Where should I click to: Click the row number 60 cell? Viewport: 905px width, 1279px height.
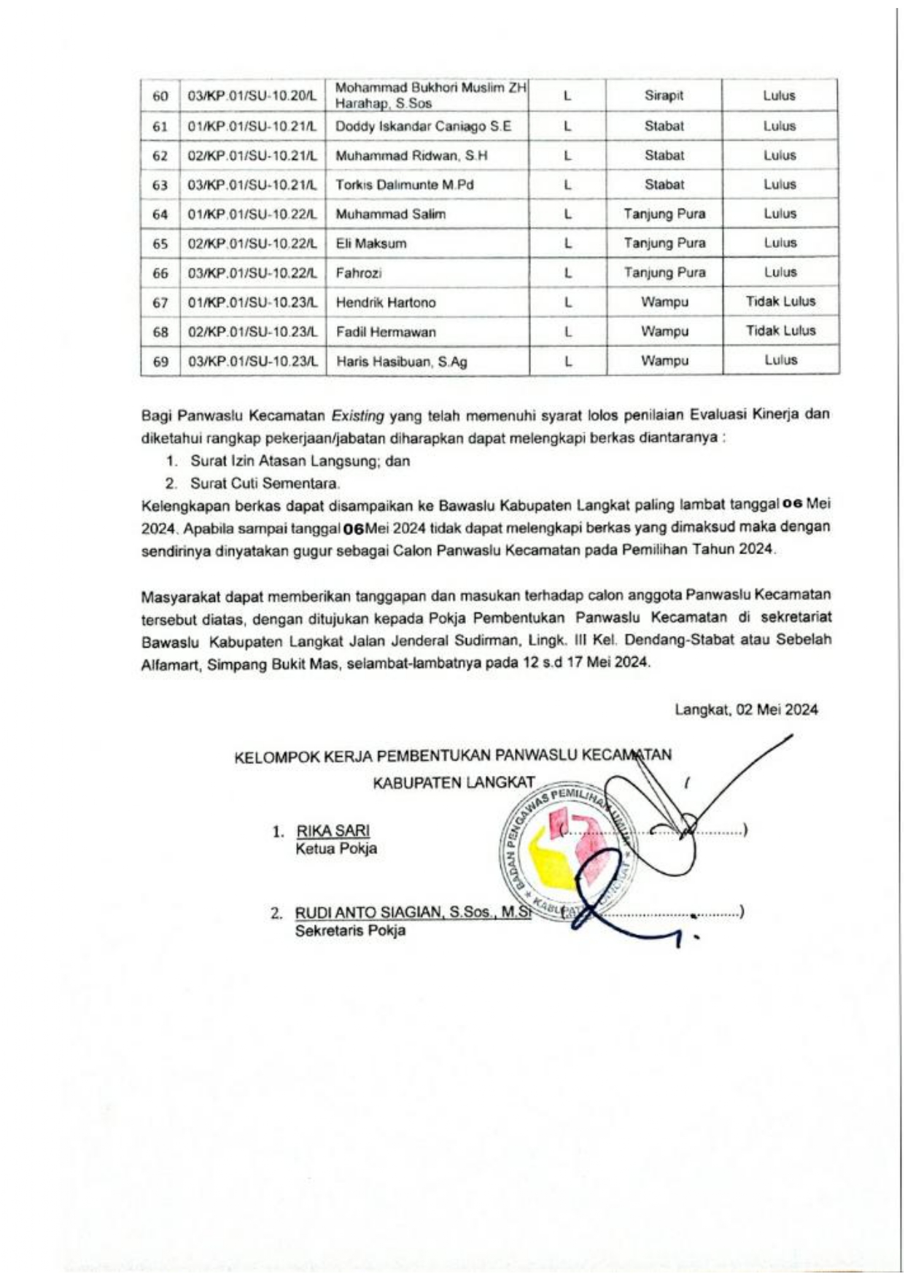pyautogui.click(x=160, y=96)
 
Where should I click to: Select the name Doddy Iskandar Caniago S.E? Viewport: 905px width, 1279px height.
pyautogui.click(x=423, y=126)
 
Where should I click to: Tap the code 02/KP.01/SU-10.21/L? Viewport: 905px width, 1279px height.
pyautogui.click(x=252, y=155)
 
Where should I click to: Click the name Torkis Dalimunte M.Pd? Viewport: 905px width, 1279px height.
pyautogui.click(x=405, y=184)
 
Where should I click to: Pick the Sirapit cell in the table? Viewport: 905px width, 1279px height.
pyautogui.click(x=664, y=96)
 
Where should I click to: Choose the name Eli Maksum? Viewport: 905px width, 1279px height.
pyautogui.click(x=371, y=244)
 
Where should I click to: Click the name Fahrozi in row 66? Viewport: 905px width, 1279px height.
pyautogui.click(x=359, y=273)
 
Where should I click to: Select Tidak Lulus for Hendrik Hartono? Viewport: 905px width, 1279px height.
pyautogui.click(x=780, y=301)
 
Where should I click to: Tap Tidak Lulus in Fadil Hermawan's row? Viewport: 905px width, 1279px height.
pyautogui.click(x=780, y=330)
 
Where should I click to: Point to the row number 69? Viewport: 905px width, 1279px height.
pyautogui.click(x=160, y=362)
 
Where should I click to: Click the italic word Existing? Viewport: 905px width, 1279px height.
pyautogui.click(x=357, y=416)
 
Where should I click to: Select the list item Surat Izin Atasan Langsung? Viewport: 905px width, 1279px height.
pyautogui.click(x=300, y=461)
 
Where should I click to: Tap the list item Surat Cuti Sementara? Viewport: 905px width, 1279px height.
pyautogui.click(x=265, y=483)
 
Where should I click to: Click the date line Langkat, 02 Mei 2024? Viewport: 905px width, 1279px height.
pyautogui.click(x=746, y=710)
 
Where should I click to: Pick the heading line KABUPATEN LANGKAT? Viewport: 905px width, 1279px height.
pyautogui.click(x=454, y=783)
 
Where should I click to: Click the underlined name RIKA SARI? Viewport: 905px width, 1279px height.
pyautogui.click(x=333, y=831)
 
